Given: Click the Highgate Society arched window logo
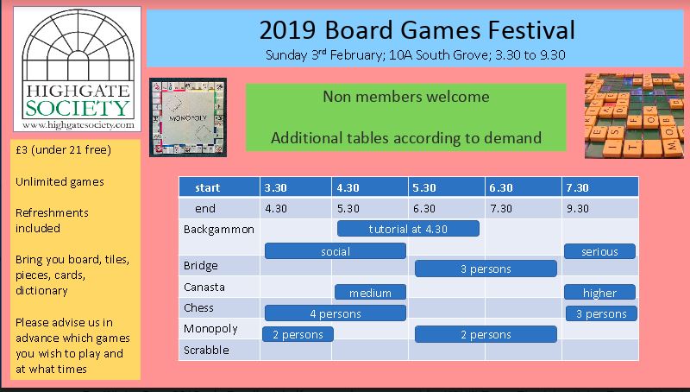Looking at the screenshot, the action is [78, 69].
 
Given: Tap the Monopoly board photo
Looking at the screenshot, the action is [188, 117].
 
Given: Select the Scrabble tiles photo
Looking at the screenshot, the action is [634, 116].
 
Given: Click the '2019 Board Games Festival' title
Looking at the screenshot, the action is [417, 30].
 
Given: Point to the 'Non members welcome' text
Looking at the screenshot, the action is [405, 97].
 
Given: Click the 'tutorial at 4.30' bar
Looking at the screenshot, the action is [408, 229].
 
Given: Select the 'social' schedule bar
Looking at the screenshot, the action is [336, 251].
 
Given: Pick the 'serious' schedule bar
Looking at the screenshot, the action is [599, 251].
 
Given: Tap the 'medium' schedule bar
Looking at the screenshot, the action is [370, 293].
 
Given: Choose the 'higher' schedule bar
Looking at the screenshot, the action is [599, 293].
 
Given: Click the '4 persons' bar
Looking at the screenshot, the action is [336, 313].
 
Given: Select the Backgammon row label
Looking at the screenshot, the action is [219, 229].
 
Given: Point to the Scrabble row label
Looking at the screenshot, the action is [206, 350].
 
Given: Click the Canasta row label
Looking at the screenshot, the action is [204, 287].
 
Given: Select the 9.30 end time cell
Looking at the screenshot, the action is [577, 208].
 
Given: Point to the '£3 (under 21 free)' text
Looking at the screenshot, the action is [63, 149].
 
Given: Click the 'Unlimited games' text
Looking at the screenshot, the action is [60, 181].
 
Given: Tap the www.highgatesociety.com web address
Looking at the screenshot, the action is [78, 124].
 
